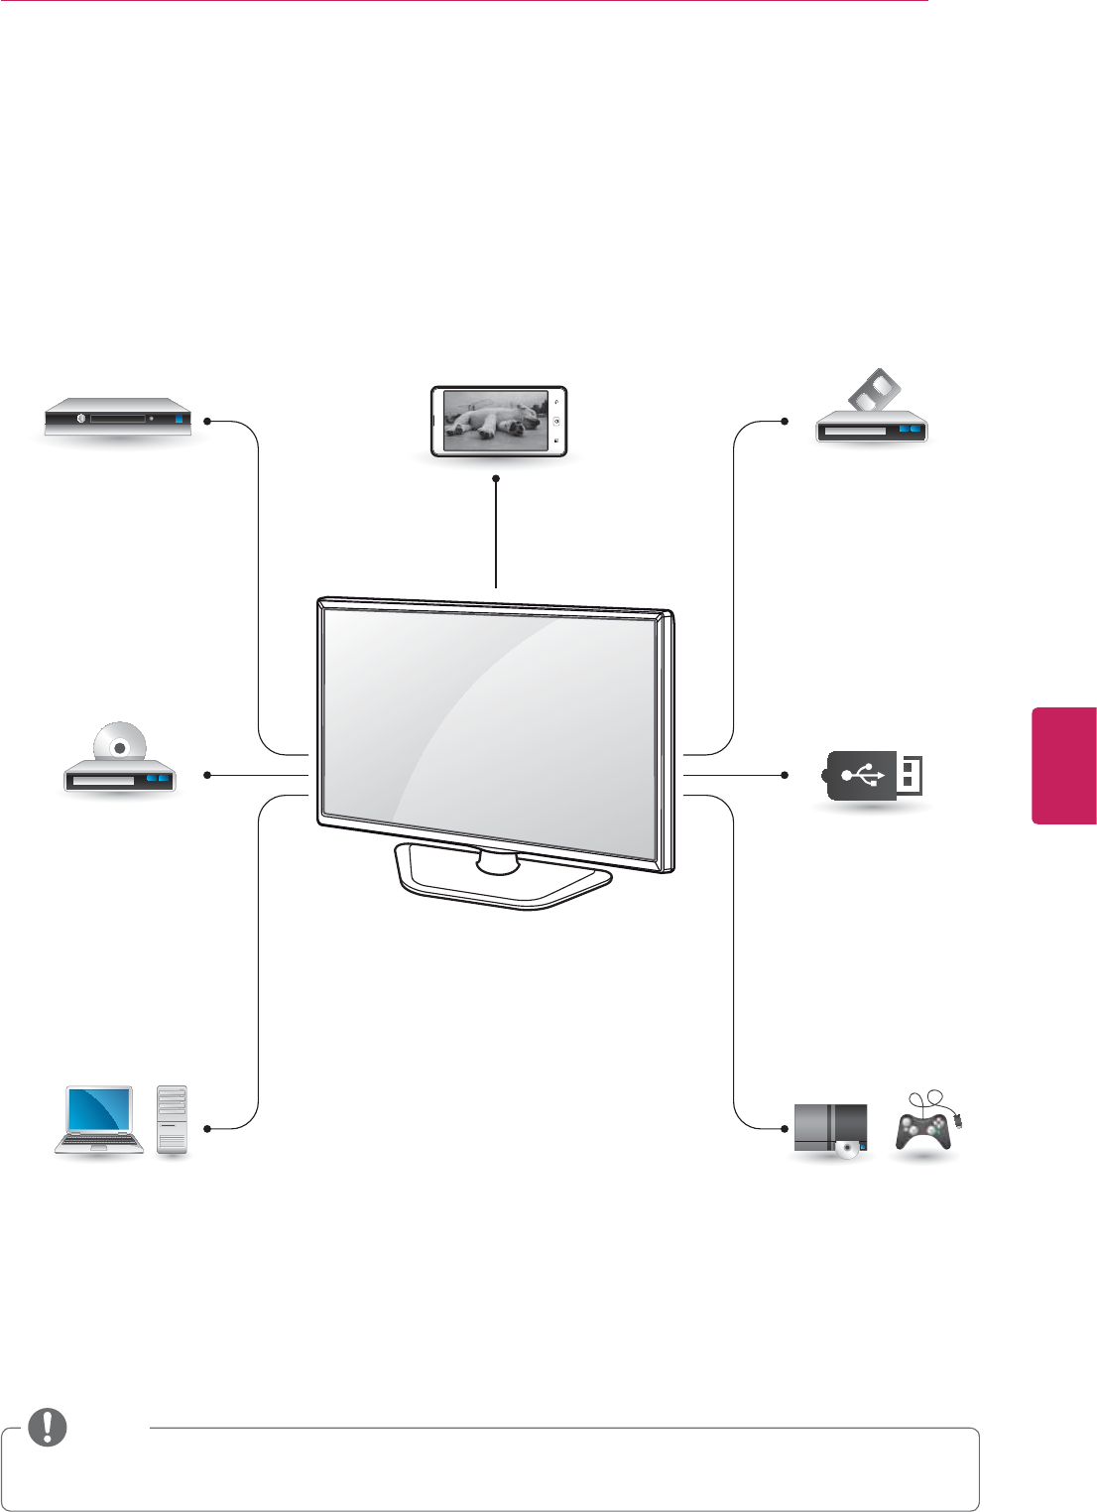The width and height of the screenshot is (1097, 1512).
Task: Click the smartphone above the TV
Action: (x=498, y=422)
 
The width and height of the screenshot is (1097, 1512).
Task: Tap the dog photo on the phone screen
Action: (x=495, y=421)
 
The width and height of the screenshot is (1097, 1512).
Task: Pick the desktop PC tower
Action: (x=172, y=1120)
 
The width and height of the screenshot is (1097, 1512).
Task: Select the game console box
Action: (x=830, y=1130)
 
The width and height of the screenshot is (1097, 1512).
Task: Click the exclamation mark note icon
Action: (x=48, y=1427)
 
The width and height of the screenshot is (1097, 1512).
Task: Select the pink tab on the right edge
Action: (x=1064, y=765)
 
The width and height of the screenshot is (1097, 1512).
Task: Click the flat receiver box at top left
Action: (x=117, y=418)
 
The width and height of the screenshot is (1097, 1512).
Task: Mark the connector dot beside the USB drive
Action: (x=785, y=775)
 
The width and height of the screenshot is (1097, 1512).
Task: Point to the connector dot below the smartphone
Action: (x=495, y=479)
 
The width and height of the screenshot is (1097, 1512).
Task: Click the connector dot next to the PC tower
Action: (x=207, y=1128)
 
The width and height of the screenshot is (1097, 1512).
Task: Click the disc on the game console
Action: (x=846, y=1149)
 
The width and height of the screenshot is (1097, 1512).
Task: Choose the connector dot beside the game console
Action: (x=785, y=1128)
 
